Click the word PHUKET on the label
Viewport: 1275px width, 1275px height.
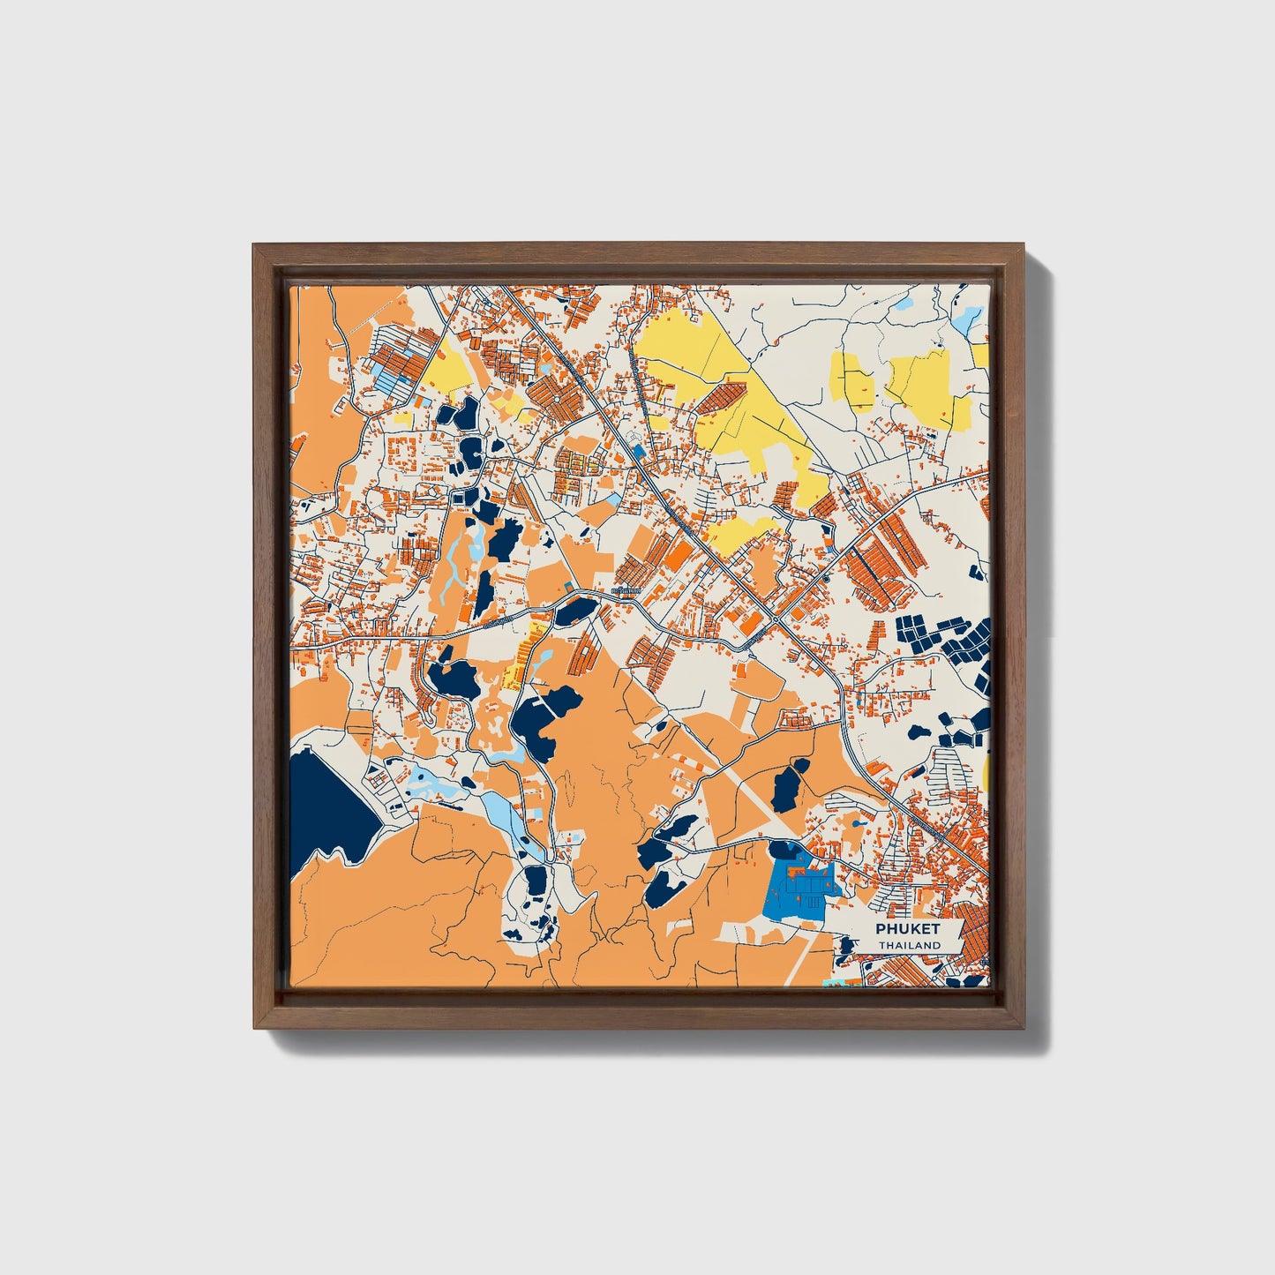pos(908,929)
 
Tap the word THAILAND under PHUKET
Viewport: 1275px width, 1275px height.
pos(908,945)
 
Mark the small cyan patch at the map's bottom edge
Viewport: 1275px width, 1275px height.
pos(830,981)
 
